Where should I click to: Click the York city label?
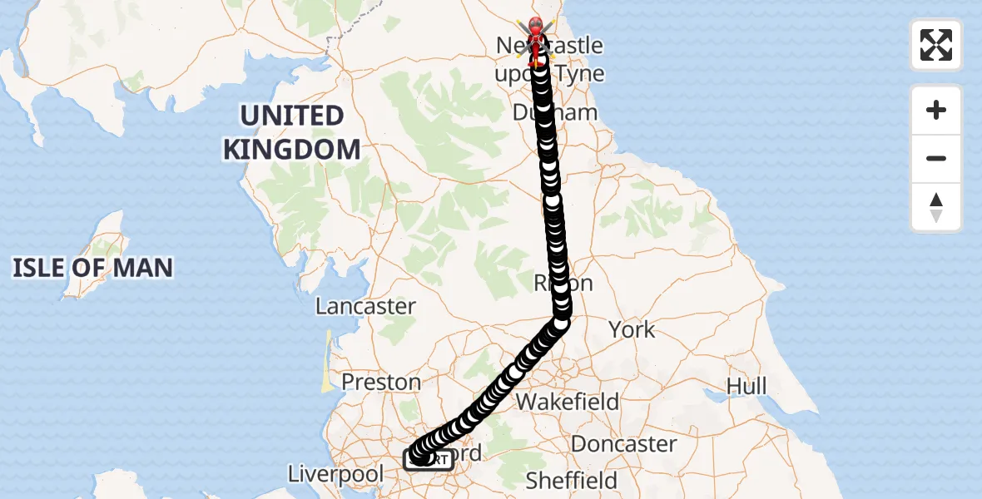point(632,329)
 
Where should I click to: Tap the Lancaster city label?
point(365,306)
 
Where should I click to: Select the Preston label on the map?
point(382,382)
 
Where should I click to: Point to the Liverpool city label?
point(335,475)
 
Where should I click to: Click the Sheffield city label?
point(572,480)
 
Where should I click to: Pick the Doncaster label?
point(623,444)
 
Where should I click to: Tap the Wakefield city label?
point(568,403)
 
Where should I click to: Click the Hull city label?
point(746,386)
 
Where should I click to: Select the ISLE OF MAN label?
point(92,268)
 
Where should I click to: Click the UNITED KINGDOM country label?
point(291,133)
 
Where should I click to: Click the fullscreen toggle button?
point(936,45)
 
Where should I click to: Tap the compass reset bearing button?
point(936,207)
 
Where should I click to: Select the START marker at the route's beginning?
point(429,459)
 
